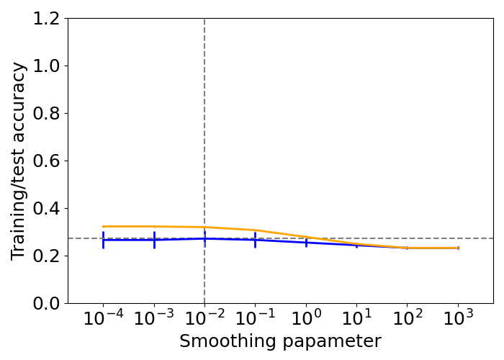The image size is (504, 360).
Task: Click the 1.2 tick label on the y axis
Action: click(x=45, y=19)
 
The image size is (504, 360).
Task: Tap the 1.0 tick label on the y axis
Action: click(x=45, y=66)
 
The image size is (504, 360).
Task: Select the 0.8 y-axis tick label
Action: click(x=45, y=114)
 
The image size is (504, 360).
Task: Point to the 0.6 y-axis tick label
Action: click(x=45, y=161)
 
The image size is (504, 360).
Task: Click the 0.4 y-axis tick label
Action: click(x=45, y=209)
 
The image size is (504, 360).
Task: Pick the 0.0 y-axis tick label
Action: click(x=45, y=303)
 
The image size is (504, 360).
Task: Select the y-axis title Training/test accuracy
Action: click(x=19, y=161)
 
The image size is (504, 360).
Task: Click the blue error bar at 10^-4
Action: click(x=103, y=240)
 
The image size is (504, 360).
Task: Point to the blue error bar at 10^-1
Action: click(x=255, y=240)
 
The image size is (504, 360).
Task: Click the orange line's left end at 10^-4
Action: click(x=104, y=227)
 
